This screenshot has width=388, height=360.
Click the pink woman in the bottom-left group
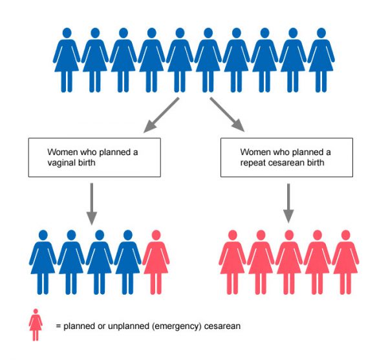tap(156, 261)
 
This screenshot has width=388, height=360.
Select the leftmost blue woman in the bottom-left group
tap(43, 261)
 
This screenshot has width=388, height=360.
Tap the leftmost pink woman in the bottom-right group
tap(232, 261)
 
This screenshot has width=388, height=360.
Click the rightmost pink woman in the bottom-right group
tap(345, 261)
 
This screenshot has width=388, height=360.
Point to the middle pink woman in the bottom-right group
tap(288, 261)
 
